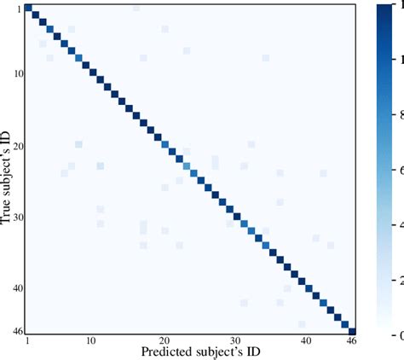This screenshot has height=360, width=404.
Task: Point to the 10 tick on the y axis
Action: coord(17,73)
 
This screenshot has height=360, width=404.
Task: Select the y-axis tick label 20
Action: coord(17,145)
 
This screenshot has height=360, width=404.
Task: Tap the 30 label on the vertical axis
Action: coord(17,217)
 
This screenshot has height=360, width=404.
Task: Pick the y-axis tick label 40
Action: coord(17,288)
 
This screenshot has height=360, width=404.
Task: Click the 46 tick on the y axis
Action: coord(17,330)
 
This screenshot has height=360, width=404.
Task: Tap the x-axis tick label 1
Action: coord(27,341)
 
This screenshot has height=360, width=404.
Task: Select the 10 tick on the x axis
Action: coord(92,341)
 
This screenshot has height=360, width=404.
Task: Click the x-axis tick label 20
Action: coord(164,341)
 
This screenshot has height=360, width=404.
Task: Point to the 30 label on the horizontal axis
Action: coord(235,341)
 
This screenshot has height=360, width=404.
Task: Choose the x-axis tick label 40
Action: coord(307,341)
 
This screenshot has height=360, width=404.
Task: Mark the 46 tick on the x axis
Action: coord(350,341)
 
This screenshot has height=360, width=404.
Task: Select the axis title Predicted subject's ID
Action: coord(189,351)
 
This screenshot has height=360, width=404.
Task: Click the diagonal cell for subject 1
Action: coord(28,8)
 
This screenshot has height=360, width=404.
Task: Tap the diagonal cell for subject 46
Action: coord(352,330)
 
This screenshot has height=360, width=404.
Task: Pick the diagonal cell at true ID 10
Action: coord(93,73)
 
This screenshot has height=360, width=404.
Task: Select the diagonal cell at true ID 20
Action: coord(164,144)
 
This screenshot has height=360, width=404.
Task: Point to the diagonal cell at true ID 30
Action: coord(236,216)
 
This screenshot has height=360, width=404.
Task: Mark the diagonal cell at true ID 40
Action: coord(309,287)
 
